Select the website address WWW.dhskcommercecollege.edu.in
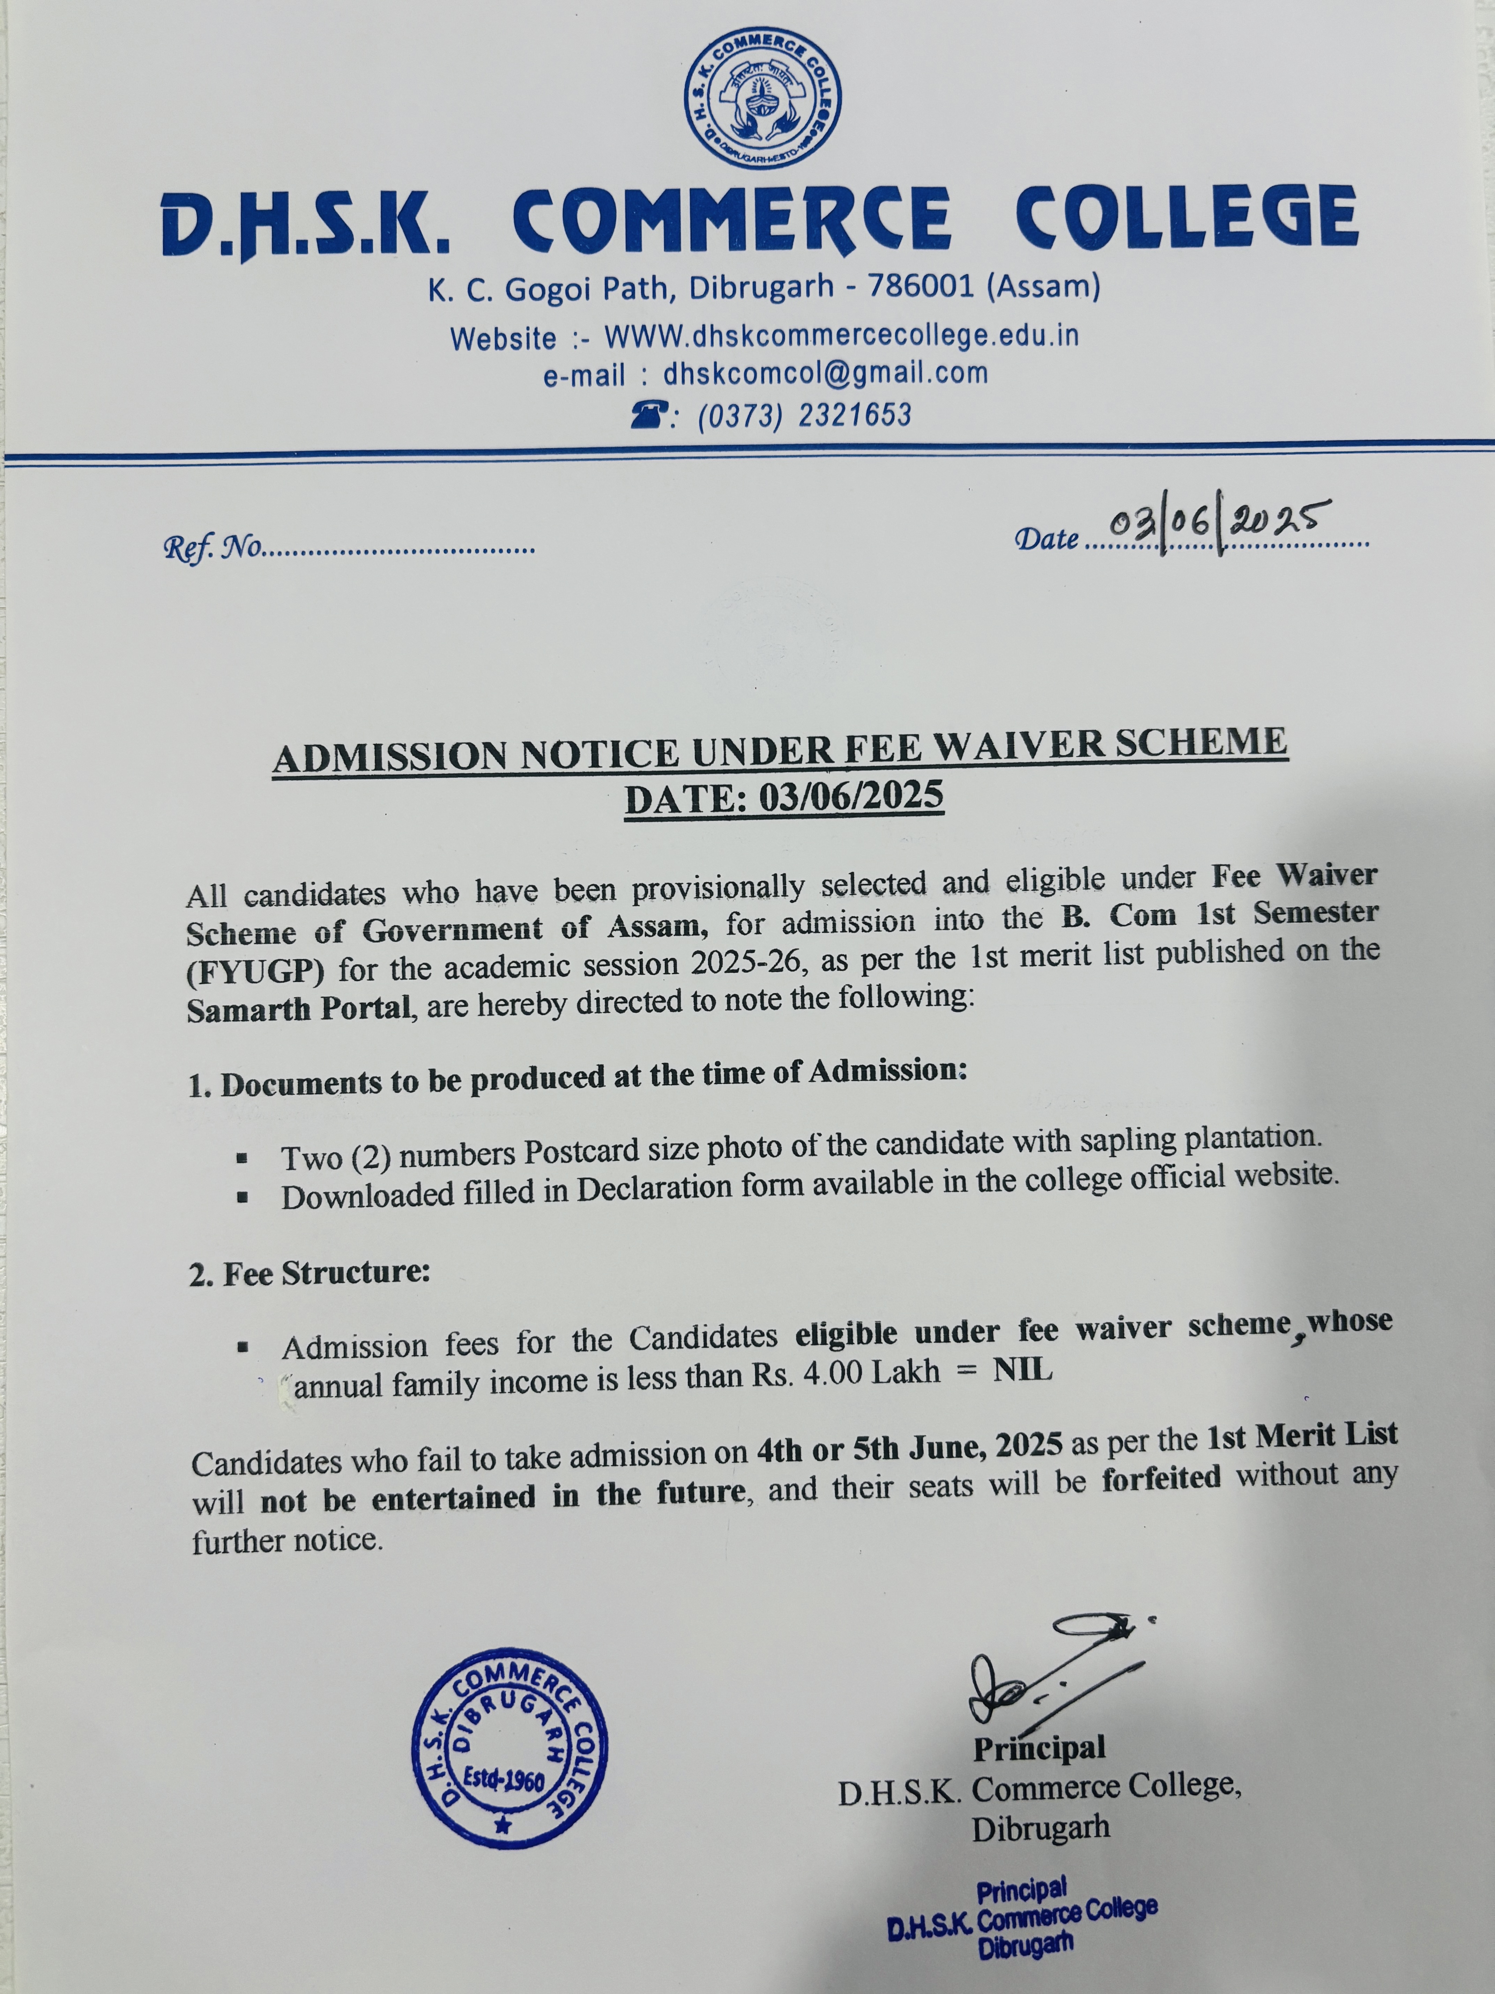point(841,336)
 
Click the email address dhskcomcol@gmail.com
point(825,373)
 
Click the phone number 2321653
point(854,415)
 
